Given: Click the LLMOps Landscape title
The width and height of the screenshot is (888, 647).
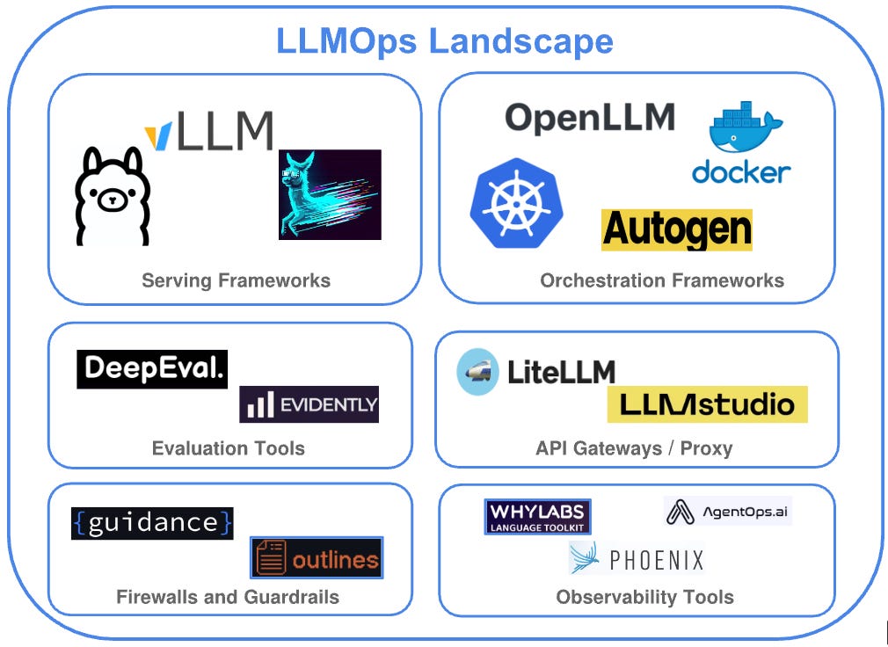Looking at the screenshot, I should [444, 41].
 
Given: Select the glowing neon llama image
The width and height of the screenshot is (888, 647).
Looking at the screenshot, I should [330, 194].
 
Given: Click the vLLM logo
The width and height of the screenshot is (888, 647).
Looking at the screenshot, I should [208, 131].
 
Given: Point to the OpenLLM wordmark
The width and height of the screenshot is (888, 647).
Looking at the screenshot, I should [589, 117].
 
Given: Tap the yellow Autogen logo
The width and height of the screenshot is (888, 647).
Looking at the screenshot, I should [676, 230].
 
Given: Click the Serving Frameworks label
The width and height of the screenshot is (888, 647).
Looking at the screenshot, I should [236, 281].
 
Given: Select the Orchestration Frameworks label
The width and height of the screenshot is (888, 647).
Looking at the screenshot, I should [661, 281].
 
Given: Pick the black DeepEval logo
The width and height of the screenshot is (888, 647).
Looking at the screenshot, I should [152, 369].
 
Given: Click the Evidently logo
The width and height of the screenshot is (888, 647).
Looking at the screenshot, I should [309, 404].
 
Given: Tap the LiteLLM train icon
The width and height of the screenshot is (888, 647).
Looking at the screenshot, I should [477, 371].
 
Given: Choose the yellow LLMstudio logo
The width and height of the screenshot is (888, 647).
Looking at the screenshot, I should [707, 404].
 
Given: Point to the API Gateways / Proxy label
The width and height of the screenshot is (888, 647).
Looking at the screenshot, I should [633, 448].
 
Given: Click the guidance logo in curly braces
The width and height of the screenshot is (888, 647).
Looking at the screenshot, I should [152, 523].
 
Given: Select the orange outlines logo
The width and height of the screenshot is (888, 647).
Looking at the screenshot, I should [317, 557].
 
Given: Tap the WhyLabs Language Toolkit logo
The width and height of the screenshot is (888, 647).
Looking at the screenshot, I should [537, 517].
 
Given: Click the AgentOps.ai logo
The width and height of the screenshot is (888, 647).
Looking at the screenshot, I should [727, 511].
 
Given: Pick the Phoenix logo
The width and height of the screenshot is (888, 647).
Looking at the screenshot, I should [637, 559].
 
